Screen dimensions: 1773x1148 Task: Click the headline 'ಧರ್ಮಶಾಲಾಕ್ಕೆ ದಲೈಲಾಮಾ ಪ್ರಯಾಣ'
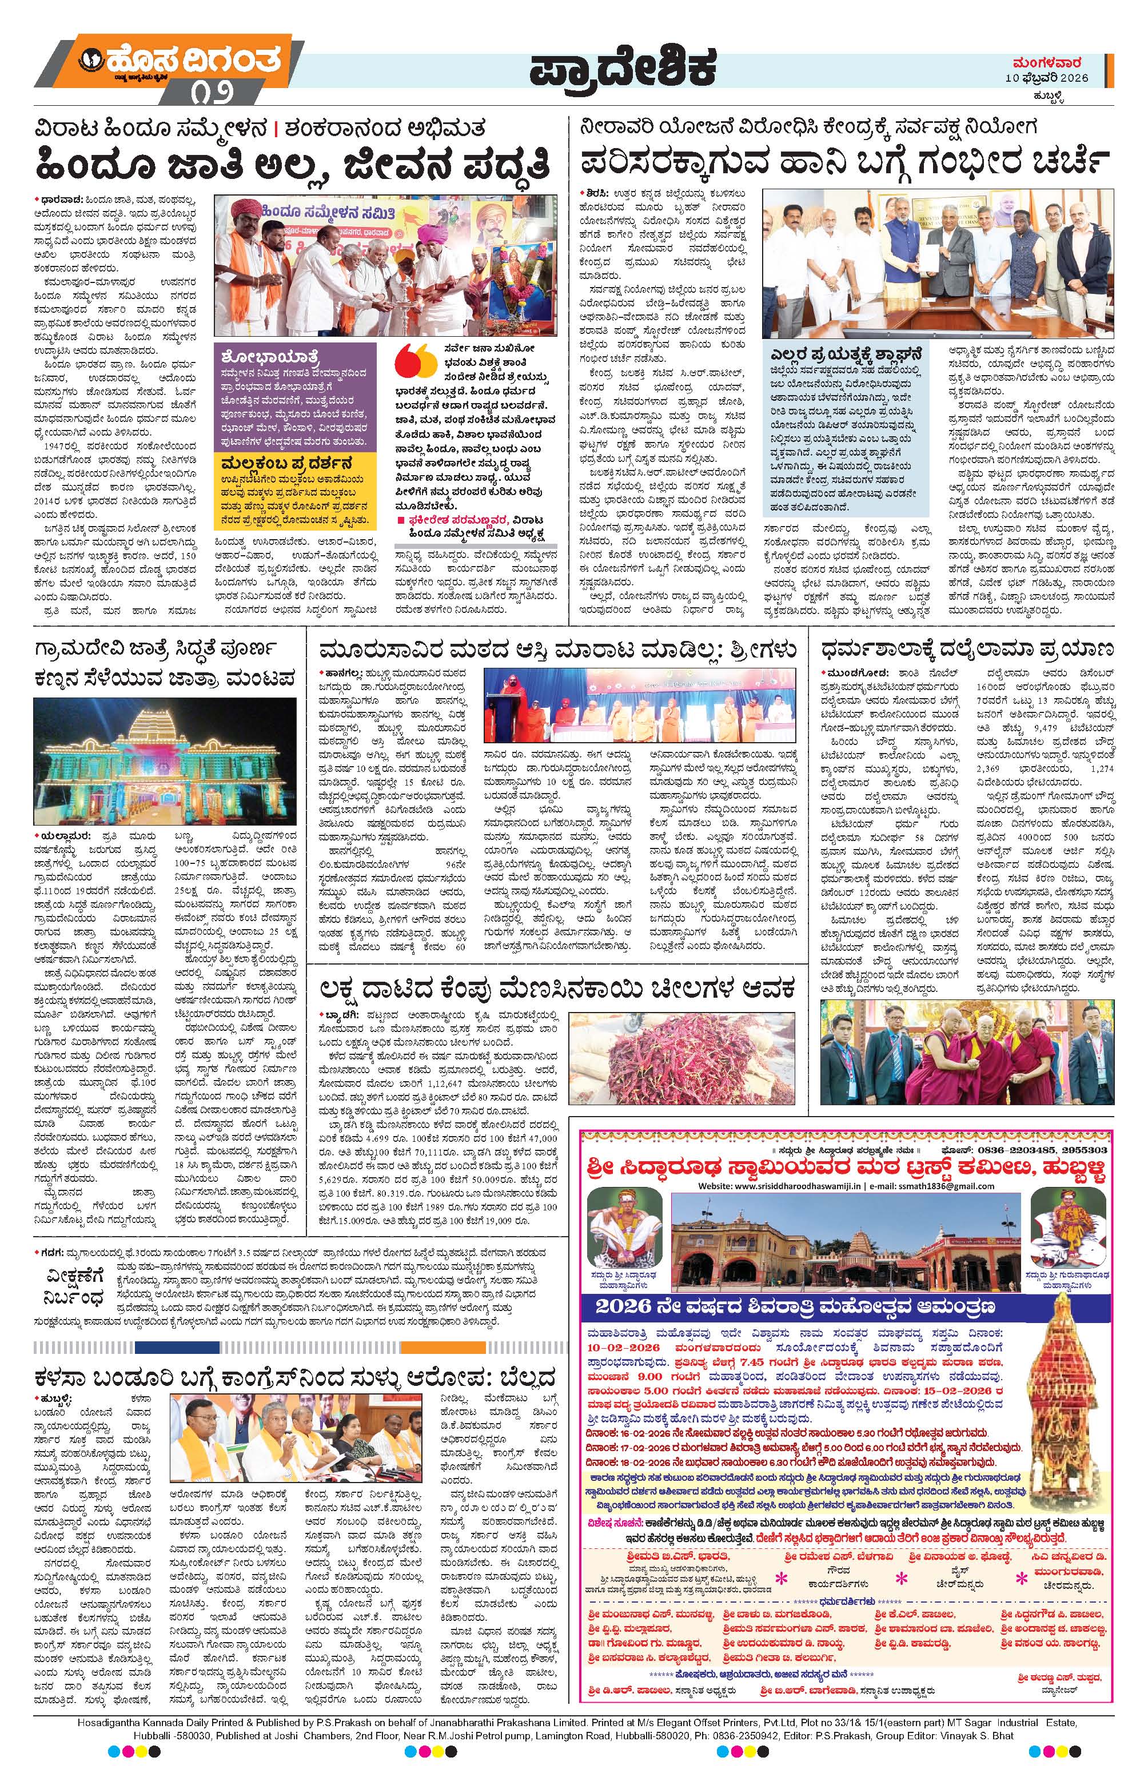click(966, 647)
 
